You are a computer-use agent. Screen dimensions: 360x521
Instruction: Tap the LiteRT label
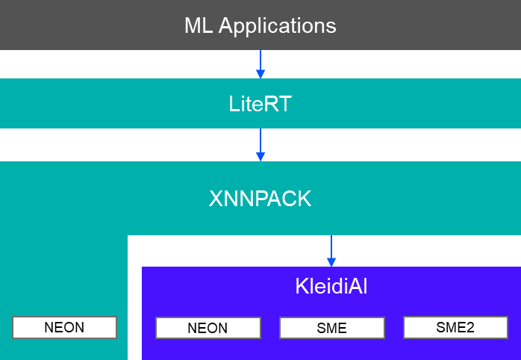click(x=260, y=104)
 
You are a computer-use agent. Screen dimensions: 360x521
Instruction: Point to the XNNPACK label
click(x=260, y=199)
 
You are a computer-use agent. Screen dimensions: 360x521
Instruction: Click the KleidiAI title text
click(x=331, y=288)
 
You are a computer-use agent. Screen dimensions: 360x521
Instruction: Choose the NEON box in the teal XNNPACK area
click(x=64, y=327)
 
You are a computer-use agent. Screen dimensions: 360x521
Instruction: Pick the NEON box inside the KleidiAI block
click(x=208, y=328)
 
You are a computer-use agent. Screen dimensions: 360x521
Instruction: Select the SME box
click(x=331, y=328)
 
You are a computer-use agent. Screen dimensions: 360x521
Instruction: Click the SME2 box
click(x=455, y=327)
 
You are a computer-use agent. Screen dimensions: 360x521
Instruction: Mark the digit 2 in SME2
click(x=470, y=327)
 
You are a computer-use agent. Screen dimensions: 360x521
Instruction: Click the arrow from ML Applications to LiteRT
click(x=260, y=63)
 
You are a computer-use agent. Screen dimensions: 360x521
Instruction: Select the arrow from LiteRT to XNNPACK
click(x=260, y=143)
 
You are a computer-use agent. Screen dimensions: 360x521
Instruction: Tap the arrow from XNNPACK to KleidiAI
click(x=331, y=249)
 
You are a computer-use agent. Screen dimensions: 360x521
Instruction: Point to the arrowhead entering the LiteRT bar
click(x=260, y=74)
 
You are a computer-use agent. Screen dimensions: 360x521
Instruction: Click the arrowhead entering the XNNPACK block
click(x=260, y=157)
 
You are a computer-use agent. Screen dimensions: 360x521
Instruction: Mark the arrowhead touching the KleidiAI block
click(x=331, y=261)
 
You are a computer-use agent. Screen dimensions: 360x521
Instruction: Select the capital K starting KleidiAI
click(x=301, y=288)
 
